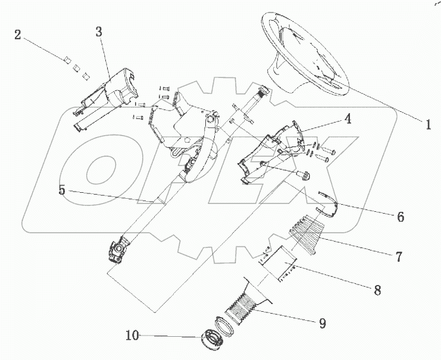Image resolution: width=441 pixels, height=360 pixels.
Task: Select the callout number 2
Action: click(x=18, y=35)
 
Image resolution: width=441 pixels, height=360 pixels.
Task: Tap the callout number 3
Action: click(x=99, y=33)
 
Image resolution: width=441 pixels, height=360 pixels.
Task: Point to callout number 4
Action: click(x=346, y=119)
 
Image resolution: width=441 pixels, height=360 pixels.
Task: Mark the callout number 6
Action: click(x=401, y=217)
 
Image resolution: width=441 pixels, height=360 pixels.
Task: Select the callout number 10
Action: click(x=132, y=336)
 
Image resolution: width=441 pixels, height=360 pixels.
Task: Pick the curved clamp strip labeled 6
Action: click(x=327, y=202)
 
